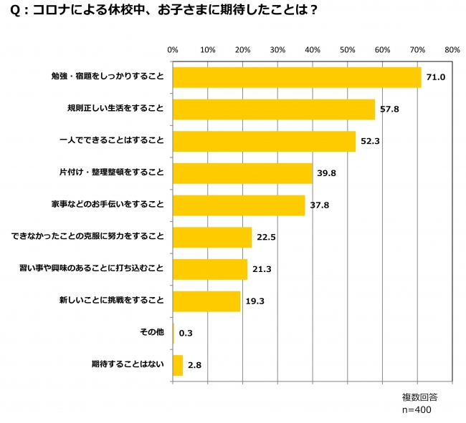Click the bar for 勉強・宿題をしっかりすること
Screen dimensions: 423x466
tap(296, 77)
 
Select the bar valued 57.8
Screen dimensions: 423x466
tap(273, 110)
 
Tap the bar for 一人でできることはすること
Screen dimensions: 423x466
tap(264, 141)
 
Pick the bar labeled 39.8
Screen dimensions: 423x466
tap(242, 173)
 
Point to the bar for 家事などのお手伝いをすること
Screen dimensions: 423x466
tap(239, 205)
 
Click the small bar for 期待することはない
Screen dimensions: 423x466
tap(178, 365)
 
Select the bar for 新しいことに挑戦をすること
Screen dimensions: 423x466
tap(206, 301)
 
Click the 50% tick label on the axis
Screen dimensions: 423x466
tap(348, 51)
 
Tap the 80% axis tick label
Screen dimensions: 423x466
tap(452, 51)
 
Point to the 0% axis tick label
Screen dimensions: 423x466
tap(172, 51)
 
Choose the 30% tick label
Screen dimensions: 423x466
tap(277, 51)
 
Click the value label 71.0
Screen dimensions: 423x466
tap(437, 77)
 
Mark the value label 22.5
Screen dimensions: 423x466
tap(267, 238)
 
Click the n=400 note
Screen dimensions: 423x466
tap(417, 410)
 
